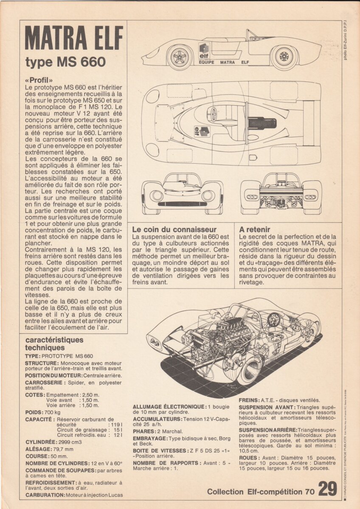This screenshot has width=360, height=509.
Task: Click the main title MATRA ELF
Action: (74, 38)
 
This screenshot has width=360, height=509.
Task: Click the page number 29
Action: (328, 489)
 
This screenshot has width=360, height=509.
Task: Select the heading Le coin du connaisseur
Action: (174, 229)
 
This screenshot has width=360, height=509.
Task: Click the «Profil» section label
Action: (39, 80)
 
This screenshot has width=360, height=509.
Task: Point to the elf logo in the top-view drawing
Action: (202, 131)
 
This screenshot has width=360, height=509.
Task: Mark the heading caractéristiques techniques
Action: (54, 343)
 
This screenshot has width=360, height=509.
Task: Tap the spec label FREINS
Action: (249, 400)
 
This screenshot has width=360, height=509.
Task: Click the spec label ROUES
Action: (248, 458)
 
